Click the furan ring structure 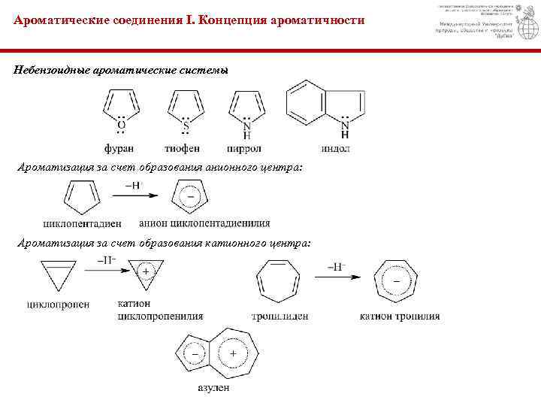[x=122, y=107]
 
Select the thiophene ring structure [x=186, y=108]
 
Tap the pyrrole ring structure [x=247, y=108]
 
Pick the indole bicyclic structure [x=321, y=106]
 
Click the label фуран [x=121, y=147]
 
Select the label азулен [x=213, y=389]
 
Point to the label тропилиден [x=280, y=317]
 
